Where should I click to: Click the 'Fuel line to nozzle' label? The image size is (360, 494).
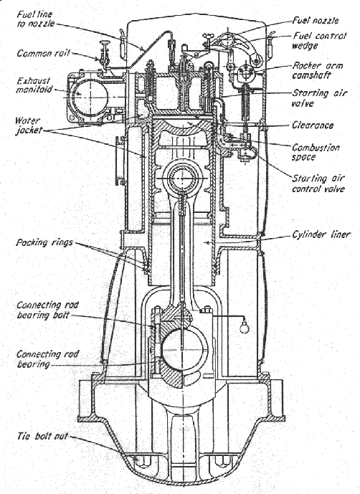tap(36, 19)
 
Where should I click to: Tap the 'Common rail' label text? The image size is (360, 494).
tap(43, 53)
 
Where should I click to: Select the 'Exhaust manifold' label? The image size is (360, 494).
tap(34, 85)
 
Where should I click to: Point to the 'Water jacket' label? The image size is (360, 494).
tap(29, 125)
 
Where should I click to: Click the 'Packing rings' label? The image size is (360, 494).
tap(44, 242)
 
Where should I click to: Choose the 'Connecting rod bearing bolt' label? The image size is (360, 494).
tap(47, 310)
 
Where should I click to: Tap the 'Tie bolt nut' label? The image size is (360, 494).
tap(42, 436)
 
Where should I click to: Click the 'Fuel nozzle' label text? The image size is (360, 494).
tap(316, 21)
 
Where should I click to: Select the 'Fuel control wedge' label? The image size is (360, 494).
tap(319, 41)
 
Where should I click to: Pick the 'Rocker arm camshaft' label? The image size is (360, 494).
tap(318, 70)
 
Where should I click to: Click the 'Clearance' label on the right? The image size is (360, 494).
tap(313, 125)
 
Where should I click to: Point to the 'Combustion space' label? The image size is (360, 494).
tap(316, 152)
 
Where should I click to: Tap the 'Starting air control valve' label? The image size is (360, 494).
tap(318, 184)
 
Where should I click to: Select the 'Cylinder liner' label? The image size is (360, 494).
tap(321, 234)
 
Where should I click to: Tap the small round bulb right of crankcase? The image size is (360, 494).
tap(244, 328)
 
